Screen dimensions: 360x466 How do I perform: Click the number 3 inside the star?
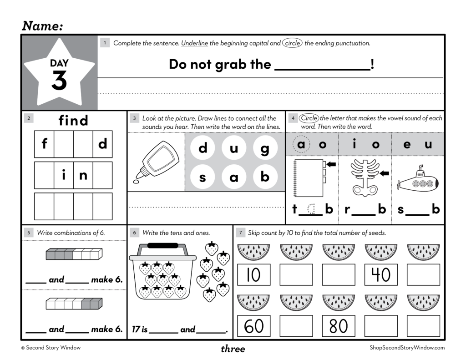(x=59, y=80)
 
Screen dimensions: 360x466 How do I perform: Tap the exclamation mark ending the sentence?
(x=373, y=64)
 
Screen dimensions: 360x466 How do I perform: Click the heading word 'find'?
(x=73, y=121)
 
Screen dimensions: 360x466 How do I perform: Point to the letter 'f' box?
(x=44, y=144)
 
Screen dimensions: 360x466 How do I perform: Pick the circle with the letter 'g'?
(x=265, y=148)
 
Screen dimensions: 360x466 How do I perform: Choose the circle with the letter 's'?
(x=203, y=177)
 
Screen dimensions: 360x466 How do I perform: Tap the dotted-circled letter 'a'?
(x=301, y=144)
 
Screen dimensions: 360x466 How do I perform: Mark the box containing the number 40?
(x=381, y=274)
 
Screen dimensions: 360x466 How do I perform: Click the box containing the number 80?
(x=338, y=326)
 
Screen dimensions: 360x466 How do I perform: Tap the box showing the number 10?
(x=253, y=274)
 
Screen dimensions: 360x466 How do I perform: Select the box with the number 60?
(x=253, y=326)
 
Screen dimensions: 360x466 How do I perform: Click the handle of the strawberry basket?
(x=162, y=246)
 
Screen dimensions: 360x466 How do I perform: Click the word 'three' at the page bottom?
(x=233, y=349)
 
